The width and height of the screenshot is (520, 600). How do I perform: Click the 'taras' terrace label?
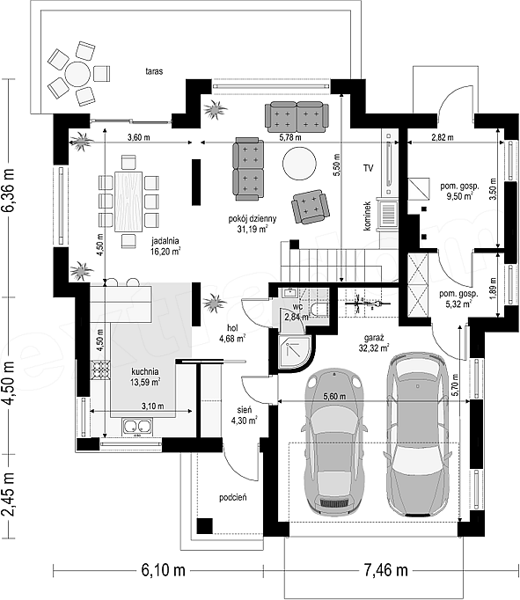point(154,71)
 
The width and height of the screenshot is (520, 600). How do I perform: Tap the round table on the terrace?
point(77,74)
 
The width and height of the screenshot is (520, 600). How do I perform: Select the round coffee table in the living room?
point(300,164)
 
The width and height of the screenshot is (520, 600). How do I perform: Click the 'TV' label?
point(368,168)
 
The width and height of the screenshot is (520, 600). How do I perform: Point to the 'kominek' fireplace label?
point(367,216)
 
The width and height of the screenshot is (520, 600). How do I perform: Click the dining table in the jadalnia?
point(128,201)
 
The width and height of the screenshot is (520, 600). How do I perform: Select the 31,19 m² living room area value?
point(253,230)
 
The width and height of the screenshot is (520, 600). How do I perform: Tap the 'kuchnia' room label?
point(145,371)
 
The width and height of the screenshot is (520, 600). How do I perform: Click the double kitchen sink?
point(137,427)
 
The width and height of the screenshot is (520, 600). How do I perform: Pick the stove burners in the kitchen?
point(100,370)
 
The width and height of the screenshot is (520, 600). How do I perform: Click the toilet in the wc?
point(319,309)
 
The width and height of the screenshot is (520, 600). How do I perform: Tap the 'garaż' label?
point(374,338)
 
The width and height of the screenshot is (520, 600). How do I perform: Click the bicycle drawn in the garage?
point(367,304)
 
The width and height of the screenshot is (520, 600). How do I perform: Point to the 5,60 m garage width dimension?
point(334,397)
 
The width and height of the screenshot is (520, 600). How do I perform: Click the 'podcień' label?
point(232,497)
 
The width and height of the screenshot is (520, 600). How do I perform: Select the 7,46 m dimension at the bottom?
point(385,570)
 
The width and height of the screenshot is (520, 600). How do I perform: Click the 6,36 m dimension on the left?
point(9,189)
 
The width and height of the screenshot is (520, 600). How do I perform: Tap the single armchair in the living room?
point(311,207)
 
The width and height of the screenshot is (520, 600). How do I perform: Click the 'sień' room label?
point(244,410)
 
